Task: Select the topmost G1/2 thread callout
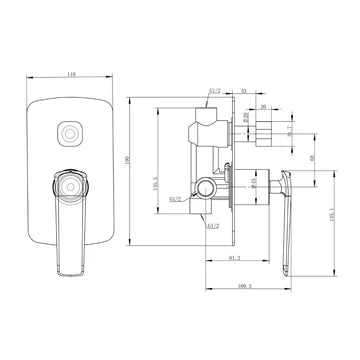point(214,91)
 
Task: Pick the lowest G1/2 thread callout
point(213,226)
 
